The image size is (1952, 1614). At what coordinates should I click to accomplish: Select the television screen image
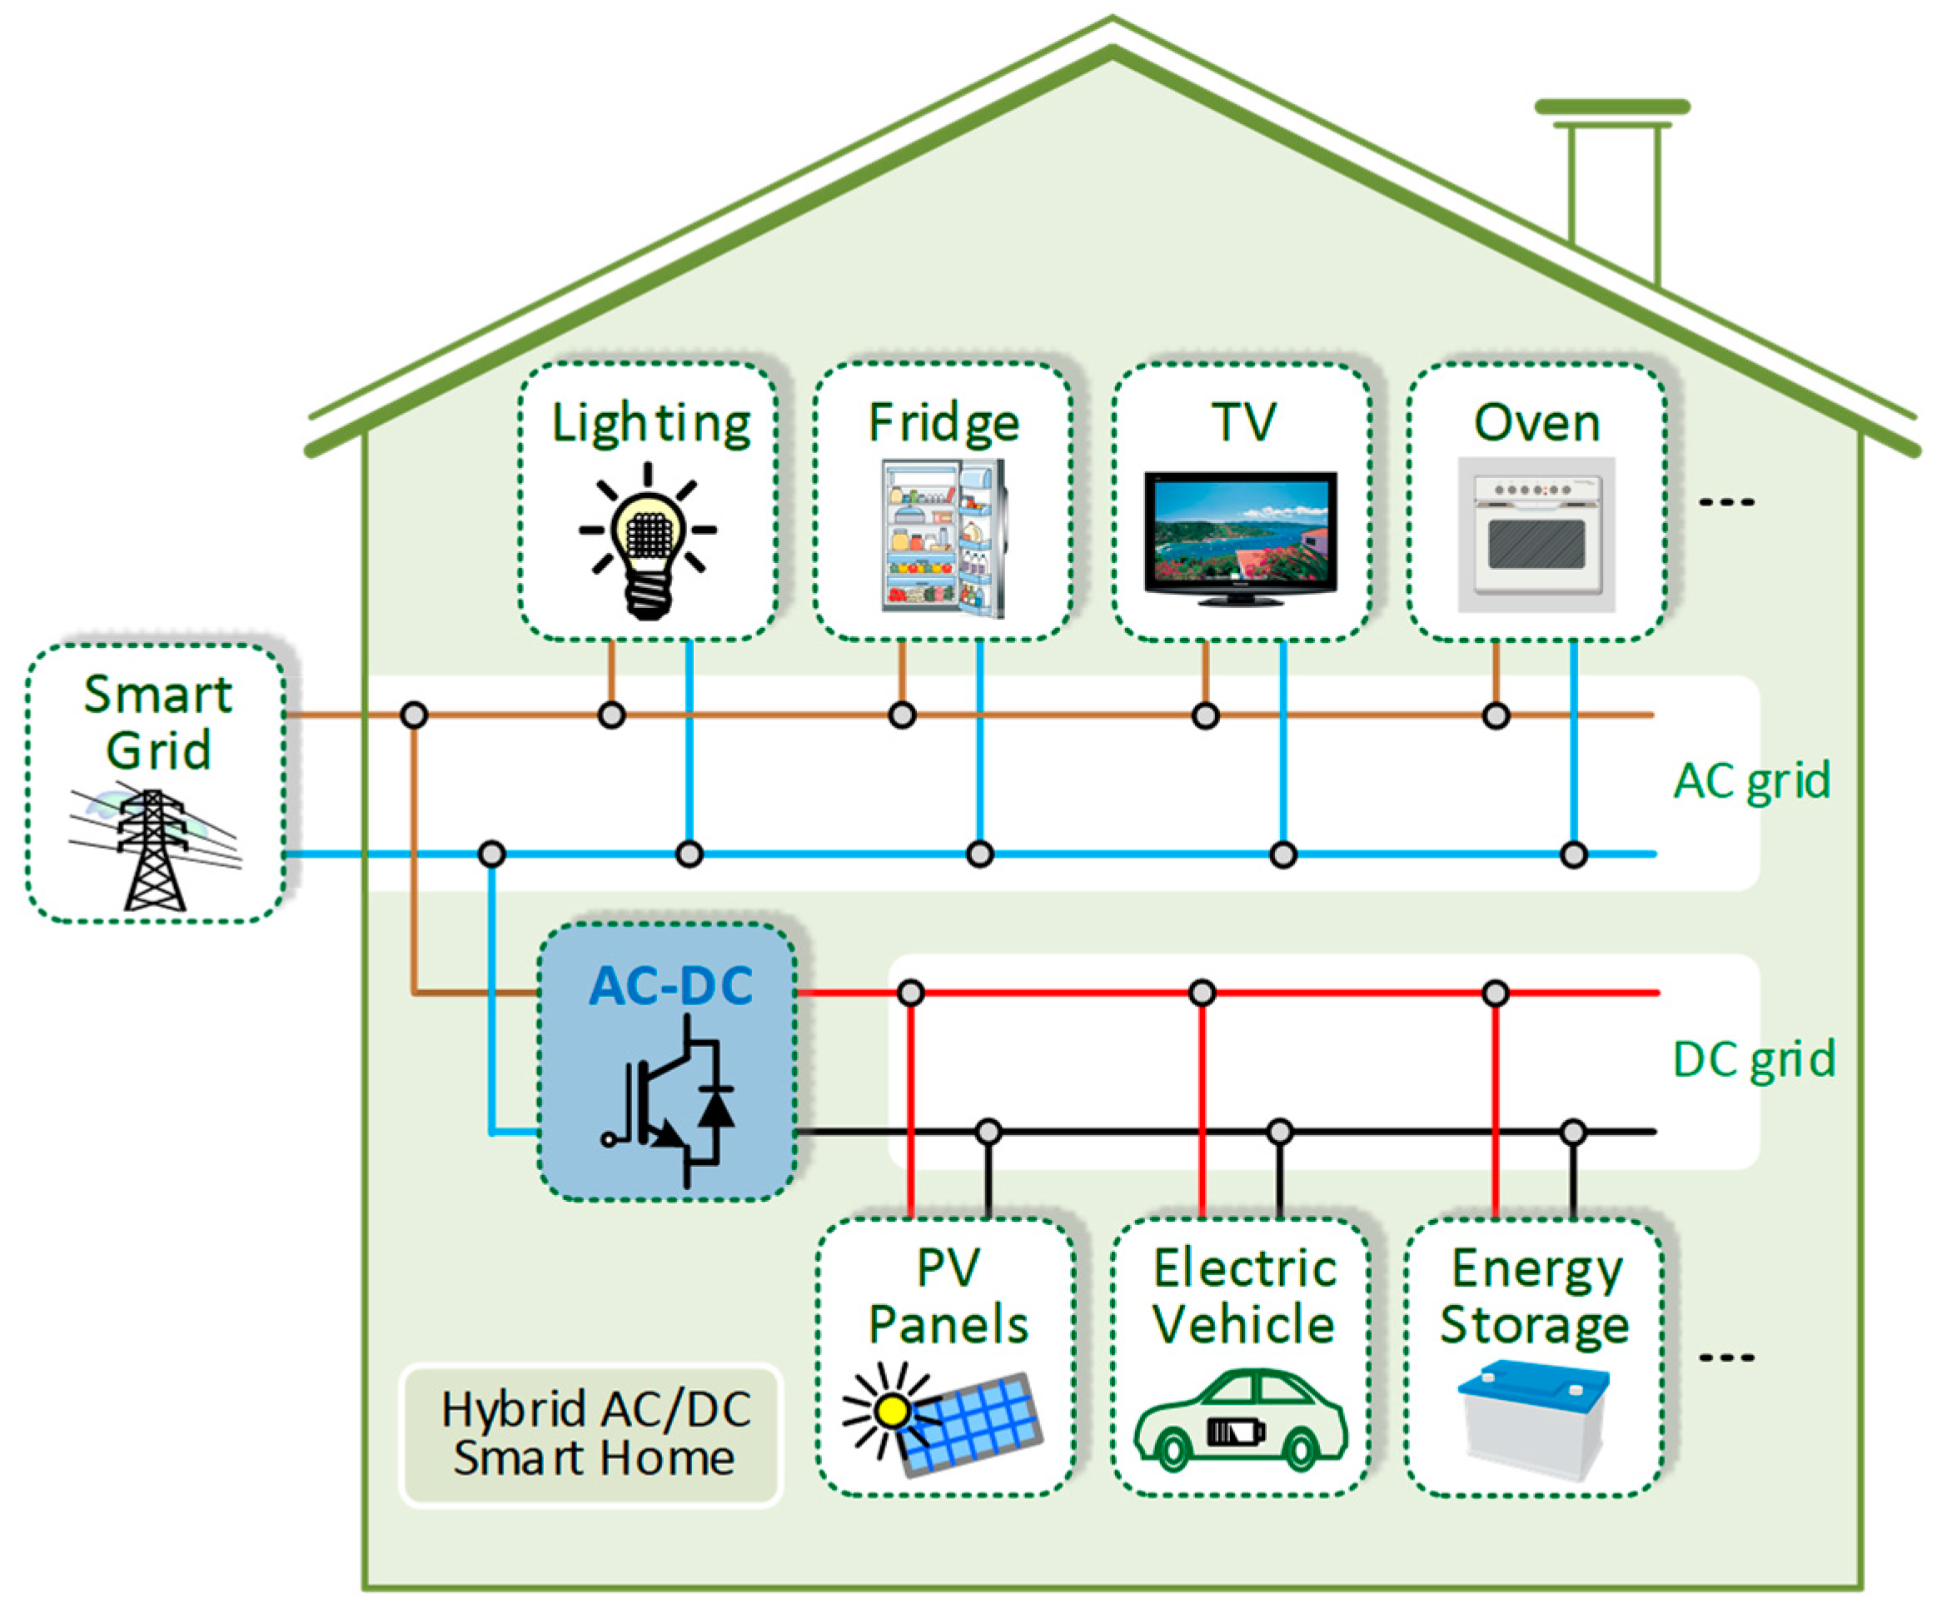click(x=1240, y=538)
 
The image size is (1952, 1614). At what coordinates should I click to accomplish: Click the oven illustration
click(x=1536, y=535)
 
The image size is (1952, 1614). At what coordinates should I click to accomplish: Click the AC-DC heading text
click(x=670, y=985)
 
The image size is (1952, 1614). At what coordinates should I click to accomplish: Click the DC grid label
click(x=1753, y=1059)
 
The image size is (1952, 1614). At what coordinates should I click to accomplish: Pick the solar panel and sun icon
click(x=943, y=1417)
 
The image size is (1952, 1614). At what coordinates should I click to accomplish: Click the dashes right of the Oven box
click(x=1726, y=502)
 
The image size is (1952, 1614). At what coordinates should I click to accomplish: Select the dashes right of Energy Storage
click(x=1726, y=1357)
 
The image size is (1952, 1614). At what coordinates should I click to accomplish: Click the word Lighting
click(x=650, y=424)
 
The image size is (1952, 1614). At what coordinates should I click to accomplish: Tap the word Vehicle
click(x=1243, y=1324)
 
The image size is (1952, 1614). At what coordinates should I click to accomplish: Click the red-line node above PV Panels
click(x=911, y=993)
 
